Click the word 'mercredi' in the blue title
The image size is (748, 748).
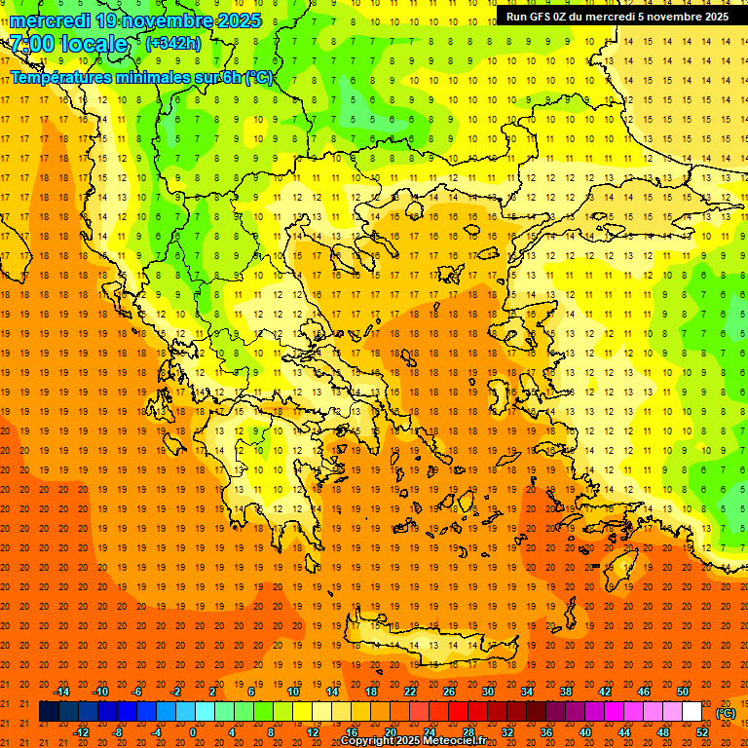click(x=51, y=20)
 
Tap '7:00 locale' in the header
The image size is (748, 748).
click(x=69, y=44)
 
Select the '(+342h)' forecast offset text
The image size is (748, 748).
click(x=173, y=43)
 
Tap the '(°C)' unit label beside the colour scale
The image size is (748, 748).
click(x=726, y=712)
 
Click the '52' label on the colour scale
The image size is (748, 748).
click(x=702, y=732)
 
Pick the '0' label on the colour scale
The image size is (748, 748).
click(x=193, y=732)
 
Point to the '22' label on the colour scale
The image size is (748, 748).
click(x=410, y=692)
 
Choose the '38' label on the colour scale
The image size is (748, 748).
click(x=566, y=692)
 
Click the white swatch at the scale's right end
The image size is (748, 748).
click(x=692, y=712)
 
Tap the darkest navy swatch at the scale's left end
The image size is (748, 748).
click(x=49, y=712)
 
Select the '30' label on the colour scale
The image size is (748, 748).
click(x=488, y=692)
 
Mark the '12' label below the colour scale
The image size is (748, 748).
click(x=313, y=732)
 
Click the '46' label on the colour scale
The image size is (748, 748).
click(x=644, y=692)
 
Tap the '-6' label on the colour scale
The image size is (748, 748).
click(x=138, y=692)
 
